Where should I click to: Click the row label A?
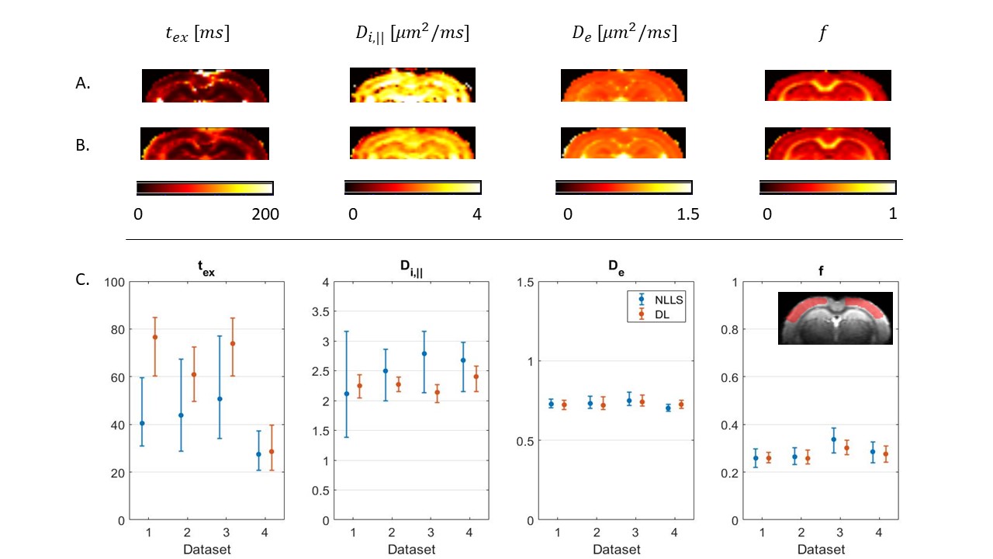pos(83,85)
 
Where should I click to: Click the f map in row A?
pos(828,85)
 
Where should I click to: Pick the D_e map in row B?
pos(622,144)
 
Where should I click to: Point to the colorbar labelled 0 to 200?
pos(205,188)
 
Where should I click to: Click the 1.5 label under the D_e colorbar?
pos(683,214)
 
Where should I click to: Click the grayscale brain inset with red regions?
pos(836,318)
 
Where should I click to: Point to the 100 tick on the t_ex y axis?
pos(114,282)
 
